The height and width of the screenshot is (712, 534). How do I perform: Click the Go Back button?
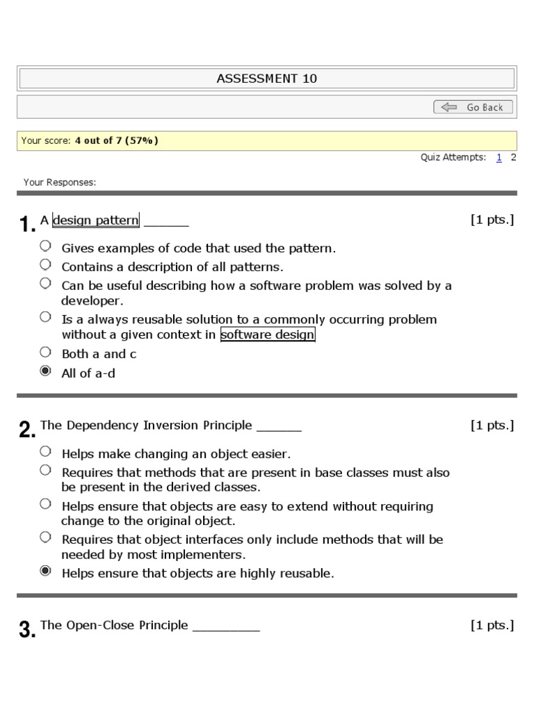pos(474,107)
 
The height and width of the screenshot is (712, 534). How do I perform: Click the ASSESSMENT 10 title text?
pos(266,79)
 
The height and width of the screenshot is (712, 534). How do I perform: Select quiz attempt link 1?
pos(499,158)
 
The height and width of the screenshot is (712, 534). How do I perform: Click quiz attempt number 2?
pos(513,158)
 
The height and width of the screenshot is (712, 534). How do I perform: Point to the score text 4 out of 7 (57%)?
pos(117,140)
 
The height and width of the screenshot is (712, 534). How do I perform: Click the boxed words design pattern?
pos(96,220)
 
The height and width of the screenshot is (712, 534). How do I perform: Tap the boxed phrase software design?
pos(268,335)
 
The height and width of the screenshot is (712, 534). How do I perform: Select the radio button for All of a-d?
pos(45,372)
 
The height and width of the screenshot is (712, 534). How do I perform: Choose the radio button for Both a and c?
pos(45,352)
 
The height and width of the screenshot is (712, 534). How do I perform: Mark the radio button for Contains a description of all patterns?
pos(45,265)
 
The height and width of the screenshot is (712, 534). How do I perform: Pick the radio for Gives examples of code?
pos(45,246)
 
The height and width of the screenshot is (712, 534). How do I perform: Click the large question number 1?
pos(27,225)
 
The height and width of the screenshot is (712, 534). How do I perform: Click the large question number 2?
pos(27,430)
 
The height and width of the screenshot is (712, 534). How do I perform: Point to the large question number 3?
pos(27,629)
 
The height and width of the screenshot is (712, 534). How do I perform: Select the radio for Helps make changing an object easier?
pos(45,452)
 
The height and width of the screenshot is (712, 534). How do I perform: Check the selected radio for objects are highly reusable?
pos(45,572)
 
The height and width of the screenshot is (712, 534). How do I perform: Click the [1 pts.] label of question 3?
pos(492,625)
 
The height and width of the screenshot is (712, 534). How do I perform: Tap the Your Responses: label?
pos(60,183)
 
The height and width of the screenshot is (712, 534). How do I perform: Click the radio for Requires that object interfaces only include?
pos(45,537)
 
